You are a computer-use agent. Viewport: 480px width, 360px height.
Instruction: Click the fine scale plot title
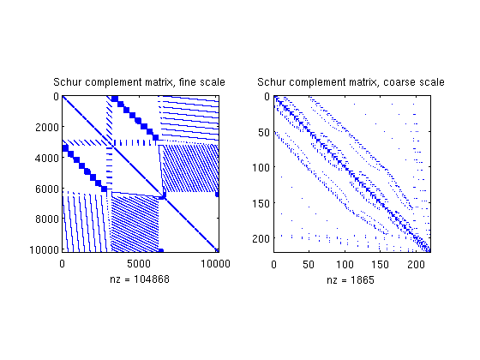coord(139,82)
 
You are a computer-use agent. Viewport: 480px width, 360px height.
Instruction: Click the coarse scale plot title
coord(351,82)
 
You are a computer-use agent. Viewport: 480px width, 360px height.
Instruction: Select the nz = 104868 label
coord(140,279)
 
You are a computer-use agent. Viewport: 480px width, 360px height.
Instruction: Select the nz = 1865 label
coord(351,279)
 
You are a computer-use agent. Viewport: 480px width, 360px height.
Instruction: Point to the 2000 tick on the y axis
coord(47,127)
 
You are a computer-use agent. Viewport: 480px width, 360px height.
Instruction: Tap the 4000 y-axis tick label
coord(47,159)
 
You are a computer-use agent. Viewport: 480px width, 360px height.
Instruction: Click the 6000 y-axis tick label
coord(47,189)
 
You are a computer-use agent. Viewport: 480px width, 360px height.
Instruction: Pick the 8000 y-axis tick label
coord(47,219)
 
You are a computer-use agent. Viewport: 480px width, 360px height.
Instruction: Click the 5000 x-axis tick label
coord(139,264)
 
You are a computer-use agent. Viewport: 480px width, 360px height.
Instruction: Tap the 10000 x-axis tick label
coord(215,264)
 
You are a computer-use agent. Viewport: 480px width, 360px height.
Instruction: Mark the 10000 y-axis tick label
coord(44,249)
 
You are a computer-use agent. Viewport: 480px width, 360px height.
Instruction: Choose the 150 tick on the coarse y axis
coord(261,203)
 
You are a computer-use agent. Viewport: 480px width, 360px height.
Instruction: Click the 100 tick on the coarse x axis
coord(345,264)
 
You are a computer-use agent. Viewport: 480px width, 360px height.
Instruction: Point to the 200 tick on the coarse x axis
coord(416,264)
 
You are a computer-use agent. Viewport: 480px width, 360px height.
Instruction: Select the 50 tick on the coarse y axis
coord(264,133)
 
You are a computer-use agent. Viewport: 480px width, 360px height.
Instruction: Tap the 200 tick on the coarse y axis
coord(261,238)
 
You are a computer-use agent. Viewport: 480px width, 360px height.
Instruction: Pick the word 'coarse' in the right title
coord(399,82)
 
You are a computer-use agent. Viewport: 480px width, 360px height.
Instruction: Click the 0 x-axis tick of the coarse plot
coord(273,264)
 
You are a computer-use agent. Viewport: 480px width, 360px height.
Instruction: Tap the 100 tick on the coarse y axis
coord(261,167)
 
